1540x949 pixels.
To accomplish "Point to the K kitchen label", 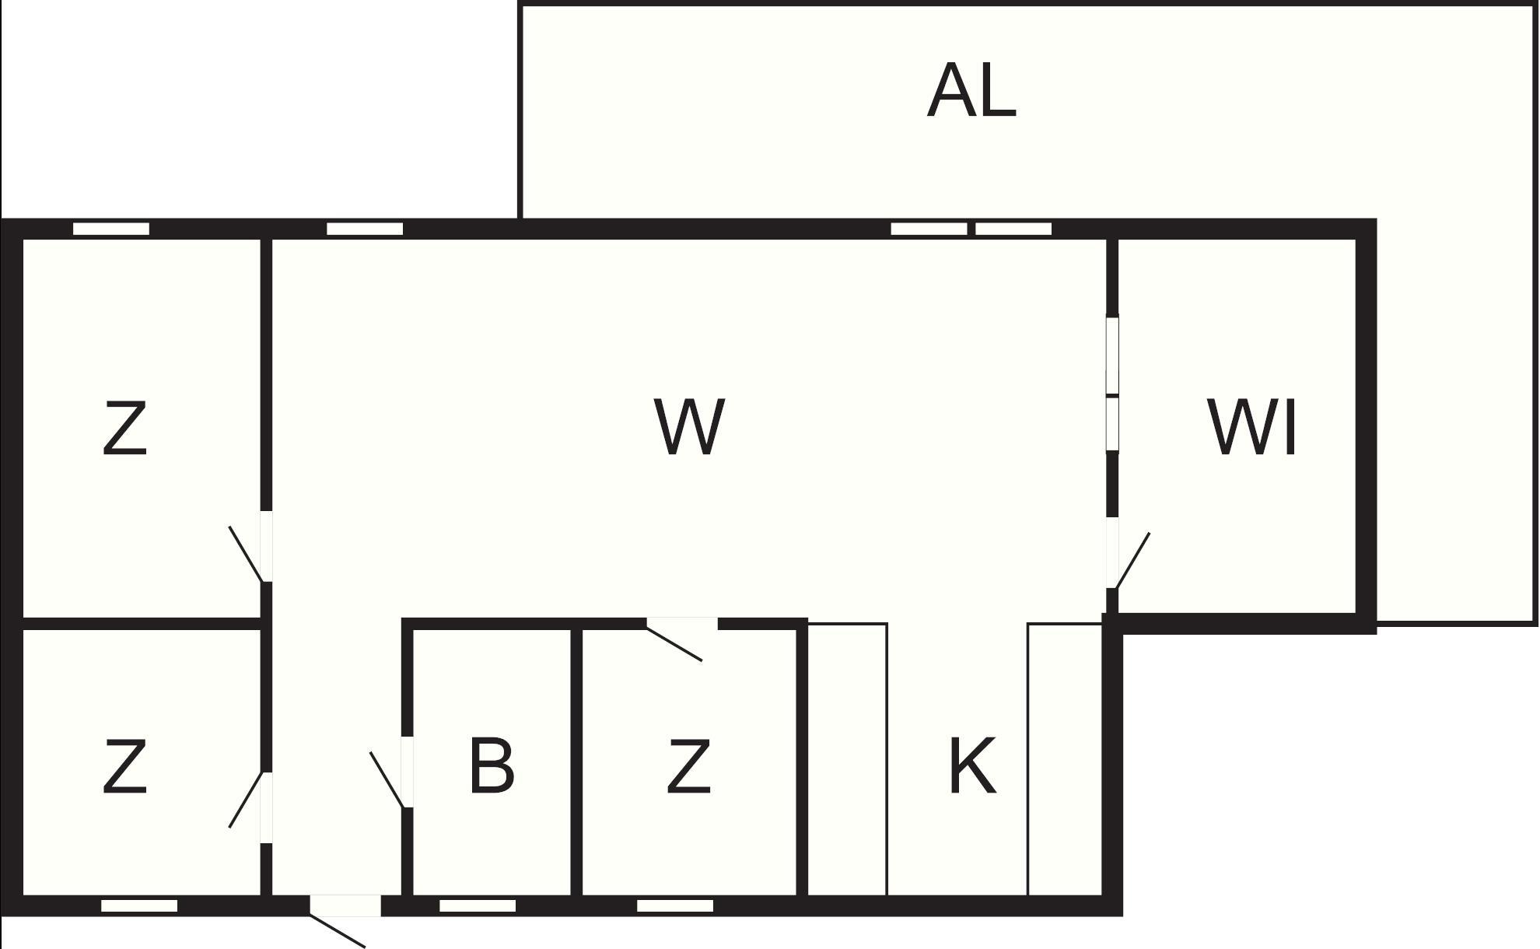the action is pos(972,765).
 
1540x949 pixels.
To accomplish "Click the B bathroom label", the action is pos(492,765).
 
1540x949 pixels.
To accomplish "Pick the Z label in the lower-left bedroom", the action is pos(125,766).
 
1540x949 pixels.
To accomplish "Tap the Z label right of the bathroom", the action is pos(688,766).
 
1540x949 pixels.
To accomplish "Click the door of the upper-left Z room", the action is pos(250,546).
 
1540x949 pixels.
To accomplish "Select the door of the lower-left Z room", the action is pos(250,807).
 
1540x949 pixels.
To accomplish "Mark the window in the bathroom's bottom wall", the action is pos(478,905).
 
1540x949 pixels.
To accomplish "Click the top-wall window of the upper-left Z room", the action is pos(111,229).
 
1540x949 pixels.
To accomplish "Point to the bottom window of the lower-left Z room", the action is pos(139,905).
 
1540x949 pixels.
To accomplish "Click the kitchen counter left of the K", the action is pos(848,759).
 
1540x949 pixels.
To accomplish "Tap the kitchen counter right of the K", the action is pos(1066,759).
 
